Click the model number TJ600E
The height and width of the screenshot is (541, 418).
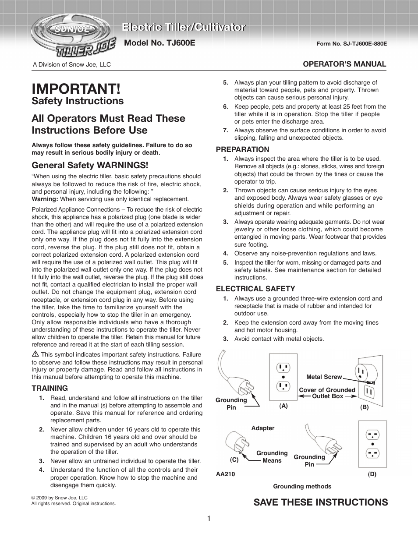point(159,43)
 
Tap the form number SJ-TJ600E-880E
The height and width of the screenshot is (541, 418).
point(351,44)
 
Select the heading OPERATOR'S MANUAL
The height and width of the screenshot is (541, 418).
point(345,64)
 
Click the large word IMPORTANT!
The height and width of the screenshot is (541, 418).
point(76,88)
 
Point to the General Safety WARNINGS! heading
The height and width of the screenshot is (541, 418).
point(90,165)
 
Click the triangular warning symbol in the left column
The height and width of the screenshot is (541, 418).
point(35,354)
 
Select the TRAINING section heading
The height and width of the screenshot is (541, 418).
point(50,388)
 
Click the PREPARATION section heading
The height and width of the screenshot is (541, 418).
point(242,149)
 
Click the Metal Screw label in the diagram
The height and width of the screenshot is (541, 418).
point(324,377)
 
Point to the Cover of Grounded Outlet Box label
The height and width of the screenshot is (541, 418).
point(327,393)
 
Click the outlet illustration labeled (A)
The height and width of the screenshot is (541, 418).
point(283,377)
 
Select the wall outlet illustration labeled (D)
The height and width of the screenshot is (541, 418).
point(372,444)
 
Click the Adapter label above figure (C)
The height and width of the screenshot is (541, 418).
point(263,428)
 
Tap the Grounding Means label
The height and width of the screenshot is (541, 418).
point(272,456)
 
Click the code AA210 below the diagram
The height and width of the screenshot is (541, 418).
point(226,474)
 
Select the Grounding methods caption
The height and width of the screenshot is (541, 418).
point(302,486)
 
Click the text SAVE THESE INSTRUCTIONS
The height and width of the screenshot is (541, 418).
point(320,502)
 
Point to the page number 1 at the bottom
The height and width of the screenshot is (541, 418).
point(209,519)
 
